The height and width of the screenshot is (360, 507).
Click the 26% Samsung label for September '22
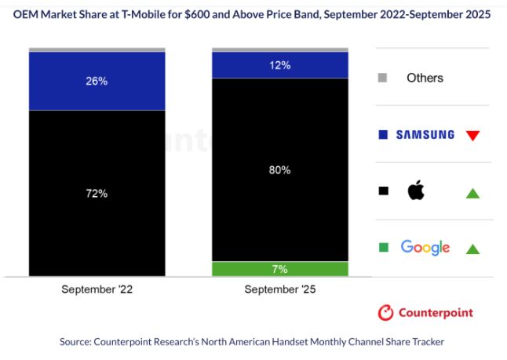[x=97, y=82]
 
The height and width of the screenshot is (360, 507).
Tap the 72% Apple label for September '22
[x=97, y=193]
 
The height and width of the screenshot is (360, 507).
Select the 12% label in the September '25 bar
[x=280, y=65]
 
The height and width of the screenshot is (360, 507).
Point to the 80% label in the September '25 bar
[x=280, y=169]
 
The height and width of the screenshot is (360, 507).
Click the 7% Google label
[x=280, y=269]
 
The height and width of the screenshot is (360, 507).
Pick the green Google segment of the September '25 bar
[x=235, y=269]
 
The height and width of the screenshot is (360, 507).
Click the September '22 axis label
[x=97, y=289]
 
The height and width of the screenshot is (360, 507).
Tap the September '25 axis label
[x=280, y=289]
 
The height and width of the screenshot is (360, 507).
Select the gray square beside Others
[x=382, y=78]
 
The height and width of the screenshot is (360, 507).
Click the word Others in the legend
[x=425, y=78]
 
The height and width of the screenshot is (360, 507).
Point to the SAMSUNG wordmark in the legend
[x=425, y=135]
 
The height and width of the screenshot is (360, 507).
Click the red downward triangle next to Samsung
[x=472, y=135]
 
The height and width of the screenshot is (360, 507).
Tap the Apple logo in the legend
[x=415, y=191]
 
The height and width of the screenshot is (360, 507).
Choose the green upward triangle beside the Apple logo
[x=472, y=192]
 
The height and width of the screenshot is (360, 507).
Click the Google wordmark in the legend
[x=425, y=248]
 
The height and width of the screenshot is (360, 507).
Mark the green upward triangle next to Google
[x=472, y=249]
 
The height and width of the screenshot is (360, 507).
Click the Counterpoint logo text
[x=436, y=313]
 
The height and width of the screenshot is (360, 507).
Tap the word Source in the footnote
[x=77, y=342]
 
